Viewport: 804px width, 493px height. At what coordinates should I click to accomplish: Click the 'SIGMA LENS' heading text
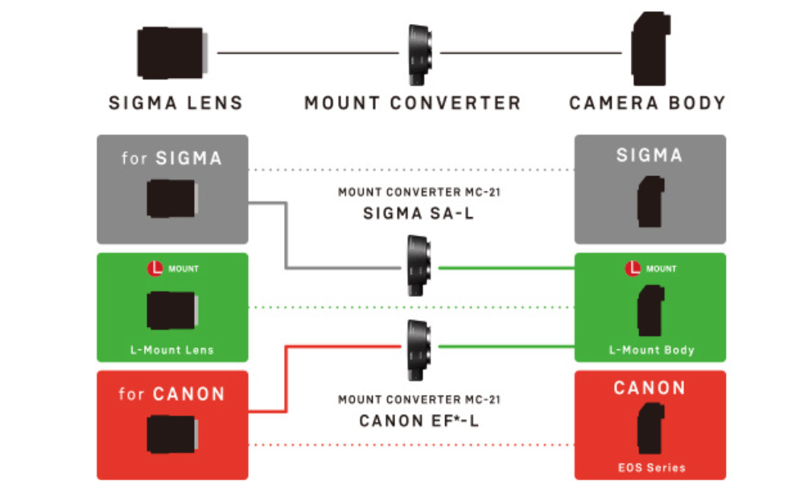[x=175, y=103]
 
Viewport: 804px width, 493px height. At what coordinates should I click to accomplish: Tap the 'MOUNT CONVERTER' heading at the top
[x=412, y=103]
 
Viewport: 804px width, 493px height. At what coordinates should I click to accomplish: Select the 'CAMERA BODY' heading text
[x=647, y=103]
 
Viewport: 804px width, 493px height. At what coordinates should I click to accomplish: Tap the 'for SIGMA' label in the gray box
[x=171, y=158]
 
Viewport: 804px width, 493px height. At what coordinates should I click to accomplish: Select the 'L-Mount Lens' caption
[x=172, y=350]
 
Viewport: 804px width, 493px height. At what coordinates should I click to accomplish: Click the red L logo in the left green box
[x=156, y=269]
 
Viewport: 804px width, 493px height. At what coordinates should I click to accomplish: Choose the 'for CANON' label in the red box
[x=171, y=394]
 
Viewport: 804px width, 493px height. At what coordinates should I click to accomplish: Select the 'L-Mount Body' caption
[x=650, y=350]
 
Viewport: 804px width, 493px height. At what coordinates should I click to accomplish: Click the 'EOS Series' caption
[x=650, y=466]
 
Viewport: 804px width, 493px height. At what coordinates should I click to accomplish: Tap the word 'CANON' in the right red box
[x=649, y=388]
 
